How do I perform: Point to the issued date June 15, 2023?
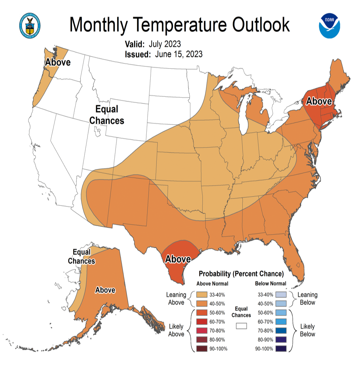[x=179, y=54]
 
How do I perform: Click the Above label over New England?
[x=318, y=101]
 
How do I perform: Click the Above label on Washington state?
[x=58, y=62]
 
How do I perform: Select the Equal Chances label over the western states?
[x=107, y=115]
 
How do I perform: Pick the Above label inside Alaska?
[x=105, y=290]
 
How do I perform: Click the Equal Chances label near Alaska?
[x=82, y=256]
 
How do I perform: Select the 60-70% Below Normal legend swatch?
[x=282, y=322]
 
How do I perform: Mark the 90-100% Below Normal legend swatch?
[x=282, y=348]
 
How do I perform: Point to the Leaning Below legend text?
[x=308, y=299]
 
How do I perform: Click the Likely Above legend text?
[x=176, y=330]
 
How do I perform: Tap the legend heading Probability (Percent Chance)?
[x=241, y=274]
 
